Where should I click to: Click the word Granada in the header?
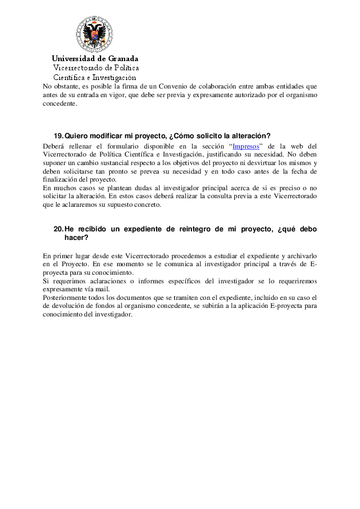pos(121,58)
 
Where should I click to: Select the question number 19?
pos(58,136)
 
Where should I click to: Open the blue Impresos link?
pos(246,146)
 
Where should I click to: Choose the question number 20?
pos(58,229)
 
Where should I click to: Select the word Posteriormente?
pos(64,298)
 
